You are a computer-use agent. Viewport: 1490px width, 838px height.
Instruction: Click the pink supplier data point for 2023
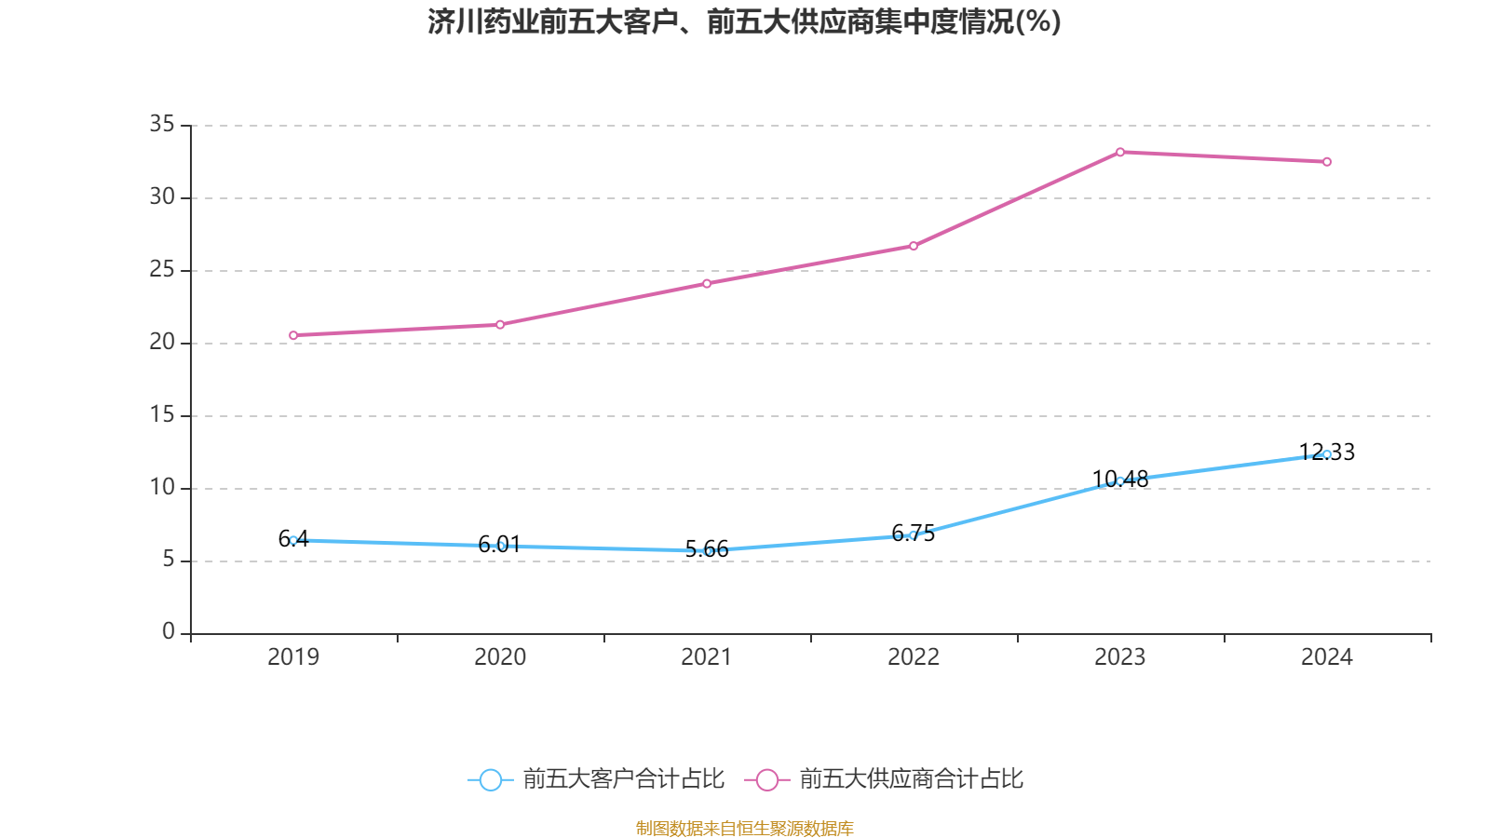pos(1120,152)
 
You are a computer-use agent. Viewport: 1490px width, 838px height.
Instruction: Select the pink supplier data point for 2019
pos(293,335)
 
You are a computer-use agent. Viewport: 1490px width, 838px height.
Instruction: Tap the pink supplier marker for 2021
pos(707,283)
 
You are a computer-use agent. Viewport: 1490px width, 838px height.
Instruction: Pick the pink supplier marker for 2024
pos(1327,162)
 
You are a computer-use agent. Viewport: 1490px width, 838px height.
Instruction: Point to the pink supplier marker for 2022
pos(914,246)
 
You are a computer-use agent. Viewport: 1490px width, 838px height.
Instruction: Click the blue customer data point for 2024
pos(1327,454)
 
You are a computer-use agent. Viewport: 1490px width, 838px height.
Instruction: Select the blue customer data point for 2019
pos(293,540)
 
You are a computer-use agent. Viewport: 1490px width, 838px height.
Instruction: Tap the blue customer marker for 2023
pos(1120,481)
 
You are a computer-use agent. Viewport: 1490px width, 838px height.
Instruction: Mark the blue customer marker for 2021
pos(707,551)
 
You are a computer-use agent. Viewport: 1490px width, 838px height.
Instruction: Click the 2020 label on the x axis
pos(500,657)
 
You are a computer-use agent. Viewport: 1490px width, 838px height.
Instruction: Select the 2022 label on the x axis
pos(914,657)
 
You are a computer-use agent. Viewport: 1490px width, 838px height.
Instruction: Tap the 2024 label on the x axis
pos(1327,657)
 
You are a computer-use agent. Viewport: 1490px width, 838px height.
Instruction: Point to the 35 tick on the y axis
pos(162,124)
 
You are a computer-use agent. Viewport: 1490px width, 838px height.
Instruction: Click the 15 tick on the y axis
pos(162,414)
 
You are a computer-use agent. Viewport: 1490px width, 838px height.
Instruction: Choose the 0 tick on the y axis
pos(169,632)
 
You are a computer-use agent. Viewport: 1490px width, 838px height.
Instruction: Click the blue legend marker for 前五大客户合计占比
pos(490,779)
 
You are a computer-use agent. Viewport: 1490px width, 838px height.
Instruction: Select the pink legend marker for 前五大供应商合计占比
pos(766,779)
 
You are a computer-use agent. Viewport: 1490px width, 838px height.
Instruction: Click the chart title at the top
pos(744,21)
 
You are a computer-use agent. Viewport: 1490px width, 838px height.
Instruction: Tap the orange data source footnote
pos(744,828)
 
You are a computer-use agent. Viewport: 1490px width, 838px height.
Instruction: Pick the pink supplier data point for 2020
pos(500,325)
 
